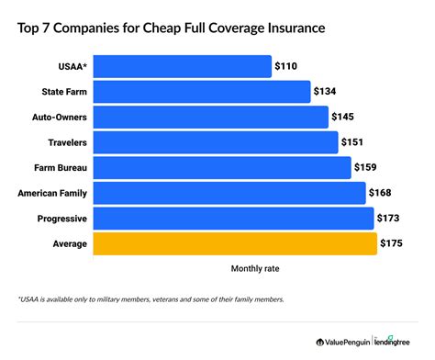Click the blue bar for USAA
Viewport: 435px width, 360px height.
coord(183,66)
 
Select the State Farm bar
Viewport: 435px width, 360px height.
coord(203,92)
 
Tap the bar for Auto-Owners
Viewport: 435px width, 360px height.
coord(211,118)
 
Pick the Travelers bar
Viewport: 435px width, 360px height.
coord(216,142)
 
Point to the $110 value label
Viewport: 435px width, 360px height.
coord(287,67)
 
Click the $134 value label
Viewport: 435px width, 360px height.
coord(327,92)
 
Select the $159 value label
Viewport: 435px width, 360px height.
coord(367,168)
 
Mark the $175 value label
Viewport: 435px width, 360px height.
coord(393,243)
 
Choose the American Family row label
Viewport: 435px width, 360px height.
coord(52,193)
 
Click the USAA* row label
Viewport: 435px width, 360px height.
coord(72,67)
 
